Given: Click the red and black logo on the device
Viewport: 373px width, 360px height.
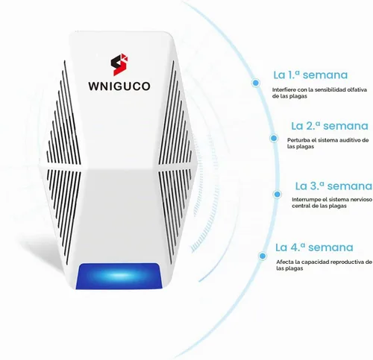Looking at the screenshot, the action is point(119,64).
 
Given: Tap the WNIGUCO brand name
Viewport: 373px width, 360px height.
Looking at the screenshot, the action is point(119,86).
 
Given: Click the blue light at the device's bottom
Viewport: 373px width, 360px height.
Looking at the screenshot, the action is point(119,276).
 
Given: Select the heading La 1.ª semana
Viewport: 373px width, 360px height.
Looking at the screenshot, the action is point(310,75).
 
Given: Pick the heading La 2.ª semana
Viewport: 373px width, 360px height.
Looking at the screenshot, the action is point(330,126).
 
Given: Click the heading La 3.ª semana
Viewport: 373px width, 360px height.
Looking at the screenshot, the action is point(333,186).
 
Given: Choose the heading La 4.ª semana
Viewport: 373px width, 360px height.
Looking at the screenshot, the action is point(314,247).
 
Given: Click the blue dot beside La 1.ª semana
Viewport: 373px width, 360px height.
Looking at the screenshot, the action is point(256,83).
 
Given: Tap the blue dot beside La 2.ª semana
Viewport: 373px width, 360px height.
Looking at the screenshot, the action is point(274,138).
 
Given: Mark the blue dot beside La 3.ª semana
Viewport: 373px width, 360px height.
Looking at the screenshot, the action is point(277,194).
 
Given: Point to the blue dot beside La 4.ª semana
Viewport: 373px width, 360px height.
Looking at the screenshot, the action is point(263,256).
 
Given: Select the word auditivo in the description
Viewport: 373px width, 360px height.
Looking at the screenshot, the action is point(348,140).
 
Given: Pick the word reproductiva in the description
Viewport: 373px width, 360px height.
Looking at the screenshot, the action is point(348,262).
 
